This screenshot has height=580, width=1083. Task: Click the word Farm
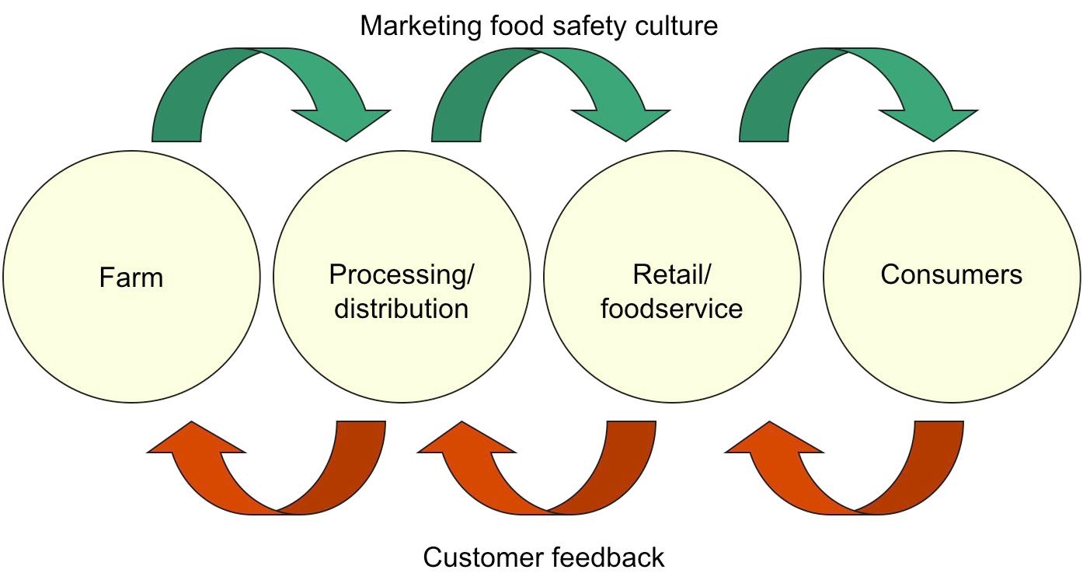(131, 278)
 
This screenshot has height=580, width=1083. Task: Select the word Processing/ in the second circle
(401, 274)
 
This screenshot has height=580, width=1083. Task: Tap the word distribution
(401, 309)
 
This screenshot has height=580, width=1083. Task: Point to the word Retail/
(672, 274)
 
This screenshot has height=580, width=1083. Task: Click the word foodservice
(672, 309)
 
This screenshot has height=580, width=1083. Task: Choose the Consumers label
(951, 274)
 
